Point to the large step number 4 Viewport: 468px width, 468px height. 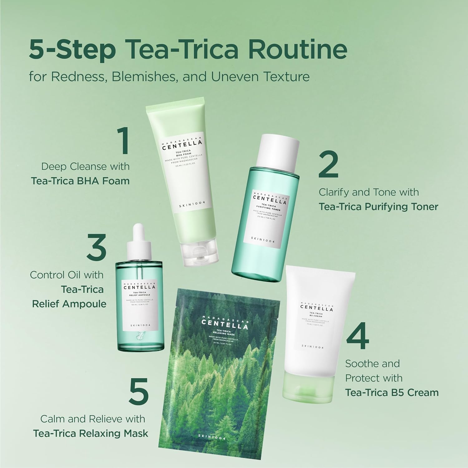[x=358, y=338]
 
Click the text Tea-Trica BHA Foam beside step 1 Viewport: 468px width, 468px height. [x=80, y=181]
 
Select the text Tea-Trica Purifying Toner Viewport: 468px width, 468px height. [x=378, y=207]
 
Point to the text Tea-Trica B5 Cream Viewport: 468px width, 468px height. [x=392, y=392]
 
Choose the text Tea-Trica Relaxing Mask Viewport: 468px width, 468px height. [x=90, y=433]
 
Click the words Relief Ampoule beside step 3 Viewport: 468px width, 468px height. [x=69, y=304]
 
